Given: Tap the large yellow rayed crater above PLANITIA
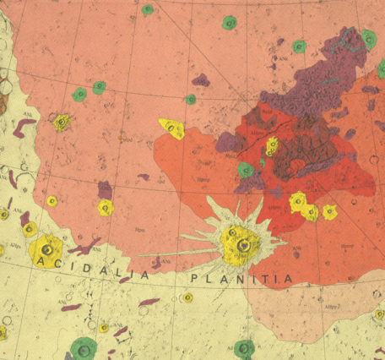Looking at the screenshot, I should [x=241, y=244].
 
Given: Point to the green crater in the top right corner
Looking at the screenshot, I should [x=369, y=38].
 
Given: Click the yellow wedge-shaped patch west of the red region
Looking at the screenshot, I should [x=172, y=128].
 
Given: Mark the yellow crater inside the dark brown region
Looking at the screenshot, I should [x=272, y=146].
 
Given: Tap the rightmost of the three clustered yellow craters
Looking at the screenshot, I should [x=330, y=211].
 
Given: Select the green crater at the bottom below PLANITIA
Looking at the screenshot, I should [x=245, y=348].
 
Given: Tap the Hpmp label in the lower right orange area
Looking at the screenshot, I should [x=346, y=246].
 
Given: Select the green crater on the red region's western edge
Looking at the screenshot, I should [x=246, y=170].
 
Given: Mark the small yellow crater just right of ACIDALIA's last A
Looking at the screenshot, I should [x=187, y=297].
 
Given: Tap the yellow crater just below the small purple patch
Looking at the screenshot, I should [x=106, y=207].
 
